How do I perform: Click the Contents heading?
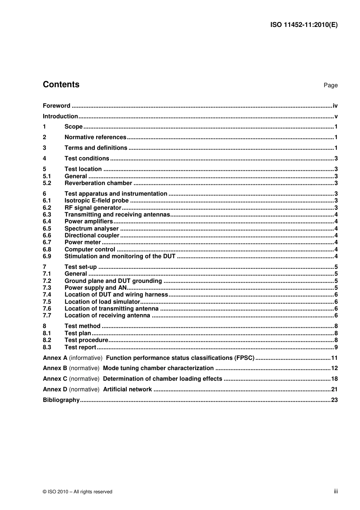click(61, 85)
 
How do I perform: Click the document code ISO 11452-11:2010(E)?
click(304, 25)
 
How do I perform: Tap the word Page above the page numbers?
click(330, 85)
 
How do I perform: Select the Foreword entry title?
click(56, 106)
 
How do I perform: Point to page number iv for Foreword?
click(335, 106)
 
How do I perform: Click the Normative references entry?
click(95, 137)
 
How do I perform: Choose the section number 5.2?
click(47, 183)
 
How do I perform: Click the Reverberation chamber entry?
click(98, 183)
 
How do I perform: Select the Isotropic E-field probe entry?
click(96, 201)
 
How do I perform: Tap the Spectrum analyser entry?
click(91, 229)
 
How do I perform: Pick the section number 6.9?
click(47, 256)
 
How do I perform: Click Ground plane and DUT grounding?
click(113, 281)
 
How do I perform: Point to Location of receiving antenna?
click(107, 315)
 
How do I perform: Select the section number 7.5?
click(47, 302)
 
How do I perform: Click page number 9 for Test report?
click(336, 347)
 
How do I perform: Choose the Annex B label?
click(55, 368)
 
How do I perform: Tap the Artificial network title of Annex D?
click(127, 389)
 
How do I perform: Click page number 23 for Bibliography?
click(334, 400)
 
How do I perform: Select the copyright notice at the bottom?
click(77, 492)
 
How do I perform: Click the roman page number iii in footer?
click(335, 491)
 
